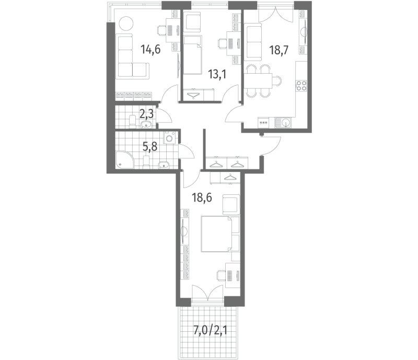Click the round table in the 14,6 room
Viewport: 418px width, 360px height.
point(125,24)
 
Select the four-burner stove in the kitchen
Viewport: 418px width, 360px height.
point(301,86)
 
